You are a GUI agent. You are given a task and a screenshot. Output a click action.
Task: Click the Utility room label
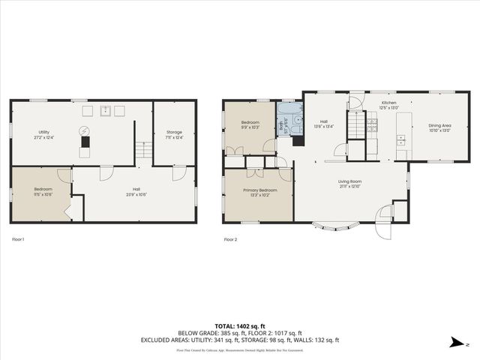click(43, 132)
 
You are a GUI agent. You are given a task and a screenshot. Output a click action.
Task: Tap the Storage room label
click(174, 132)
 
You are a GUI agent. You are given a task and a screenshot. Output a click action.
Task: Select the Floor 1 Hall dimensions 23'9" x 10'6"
click(136, 194)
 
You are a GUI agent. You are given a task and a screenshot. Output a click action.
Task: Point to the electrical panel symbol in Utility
click(85, 130)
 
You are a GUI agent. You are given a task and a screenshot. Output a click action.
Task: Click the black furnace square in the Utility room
click(85, 141)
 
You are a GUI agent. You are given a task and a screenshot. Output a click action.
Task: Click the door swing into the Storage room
click(178, 173)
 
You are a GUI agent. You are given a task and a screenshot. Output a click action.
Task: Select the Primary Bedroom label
click(259, 190)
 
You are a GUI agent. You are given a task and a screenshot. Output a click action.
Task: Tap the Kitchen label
click(388, 102)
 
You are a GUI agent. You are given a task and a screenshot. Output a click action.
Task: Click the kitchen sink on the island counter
click(401, 139)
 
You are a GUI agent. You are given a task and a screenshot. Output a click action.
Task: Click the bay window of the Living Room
click(331, 225)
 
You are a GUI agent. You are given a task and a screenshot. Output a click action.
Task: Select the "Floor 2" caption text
click(230, 239)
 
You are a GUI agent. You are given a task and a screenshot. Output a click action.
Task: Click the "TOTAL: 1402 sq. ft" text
click(240, 325)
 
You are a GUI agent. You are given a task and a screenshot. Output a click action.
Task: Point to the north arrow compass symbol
click(455, 343)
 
